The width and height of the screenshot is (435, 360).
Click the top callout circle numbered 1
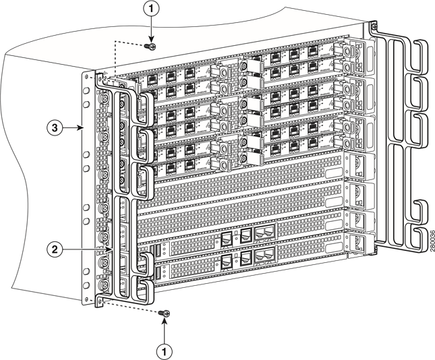click(x=152, y=9)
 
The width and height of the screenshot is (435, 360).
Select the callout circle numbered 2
click(x=57, y=249)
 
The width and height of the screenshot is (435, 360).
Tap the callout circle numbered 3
click(x=57, y=126)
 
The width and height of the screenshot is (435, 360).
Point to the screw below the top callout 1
click(x=151, y=47)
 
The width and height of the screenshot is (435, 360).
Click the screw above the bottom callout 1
click(x=165, y=313)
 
